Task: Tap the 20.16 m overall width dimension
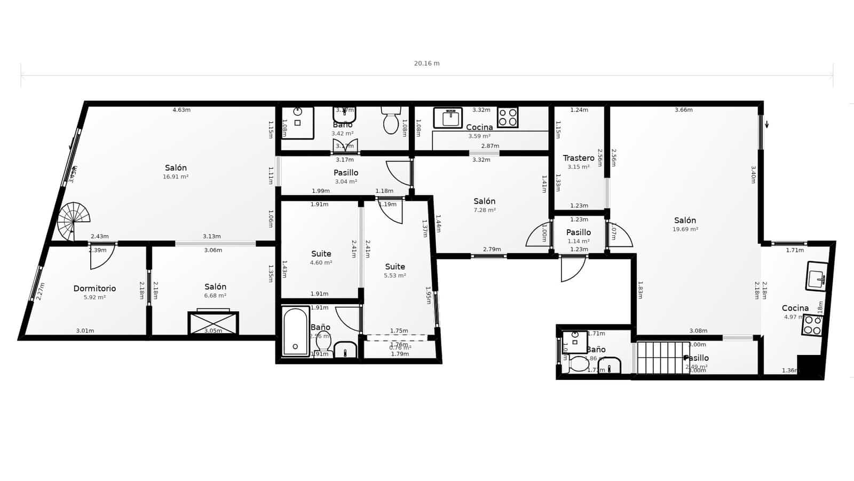pyautogui.click(x=426, y=63)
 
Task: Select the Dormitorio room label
pyautogui.click(x=94, y=289)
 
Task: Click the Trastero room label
pyautogui.click(x=579, y=158)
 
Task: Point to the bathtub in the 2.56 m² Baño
pyautogui.click(x=295, y=331)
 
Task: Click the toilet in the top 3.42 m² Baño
pyautogui.click(x=391, y=120)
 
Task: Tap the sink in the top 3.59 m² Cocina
pyautogui.click(x=448, y=118)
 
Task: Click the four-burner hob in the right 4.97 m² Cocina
pyautogui.click(x=812, y=325)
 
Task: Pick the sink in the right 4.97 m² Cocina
pyautogui.click(x=816, y=277)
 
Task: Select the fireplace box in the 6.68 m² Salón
pyautogui.click(x=213, y=323)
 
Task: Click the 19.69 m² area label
pyautogui.click(x=685, y=229)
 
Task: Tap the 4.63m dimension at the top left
pyautogui.click(x=181, y=110)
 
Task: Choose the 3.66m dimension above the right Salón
pyautogui.click(x=683, y=110)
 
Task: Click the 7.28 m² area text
pyautogui.click(x=485, y=210)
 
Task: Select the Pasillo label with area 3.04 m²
pyautogui.click(x=346, y=173)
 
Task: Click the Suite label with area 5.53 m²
pyautogui.click(x=395, y=267)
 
